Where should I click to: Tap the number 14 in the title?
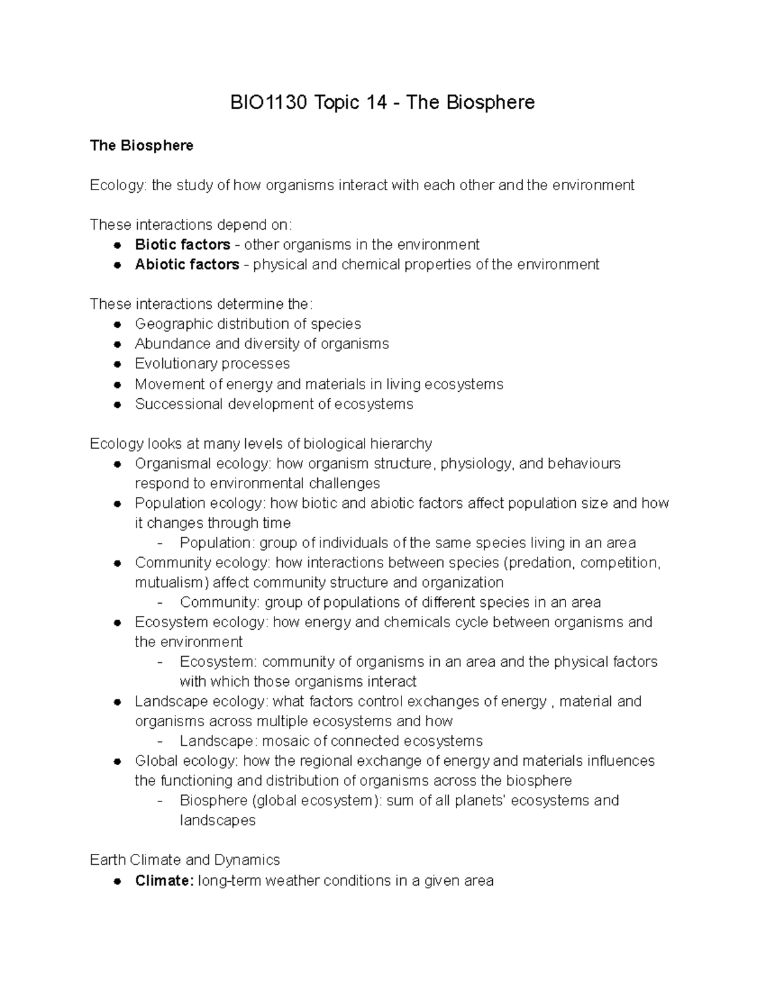[377, 102]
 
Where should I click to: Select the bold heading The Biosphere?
[141, 145]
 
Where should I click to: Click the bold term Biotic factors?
[183, 244]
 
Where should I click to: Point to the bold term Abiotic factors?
[187, 264]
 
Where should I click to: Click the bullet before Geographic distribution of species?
[117, 324]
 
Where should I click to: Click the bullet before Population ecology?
[117, 503]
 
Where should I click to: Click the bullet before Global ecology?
[117, 761]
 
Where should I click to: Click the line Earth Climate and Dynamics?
[185, 860]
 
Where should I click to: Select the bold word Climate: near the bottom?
[164, 881]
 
